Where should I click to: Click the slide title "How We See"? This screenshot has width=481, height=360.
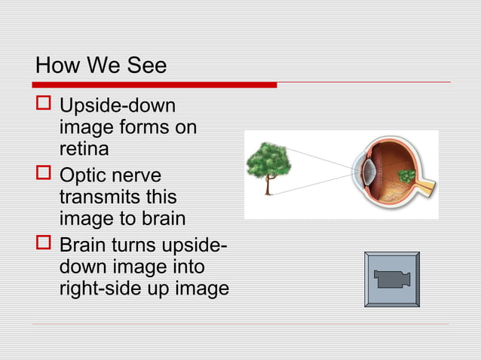(101, 66)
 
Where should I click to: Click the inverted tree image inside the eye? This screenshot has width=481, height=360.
(406, 177)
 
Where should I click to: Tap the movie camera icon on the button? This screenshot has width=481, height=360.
(391, 279)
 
